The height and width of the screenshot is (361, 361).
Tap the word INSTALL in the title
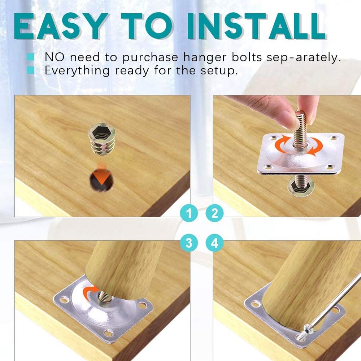(256, 26)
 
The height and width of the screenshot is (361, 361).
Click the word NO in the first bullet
(55, 57)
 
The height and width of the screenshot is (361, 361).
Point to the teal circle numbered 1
(189, 213)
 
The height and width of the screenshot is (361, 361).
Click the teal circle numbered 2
(214, 213)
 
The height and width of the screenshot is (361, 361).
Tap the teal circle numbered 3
(189, 243)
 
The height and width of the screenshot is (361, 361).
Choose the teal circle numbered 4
(214, 243)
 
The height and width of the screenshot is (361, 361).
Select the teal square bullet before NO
(30, 57)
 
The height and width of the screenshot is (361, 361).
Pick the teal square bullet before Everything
(30, 70)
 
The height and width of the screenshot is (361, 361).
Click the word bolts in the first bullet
(247, 57)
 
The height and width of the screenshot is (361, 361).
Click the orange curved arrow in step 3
(91, 292)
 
